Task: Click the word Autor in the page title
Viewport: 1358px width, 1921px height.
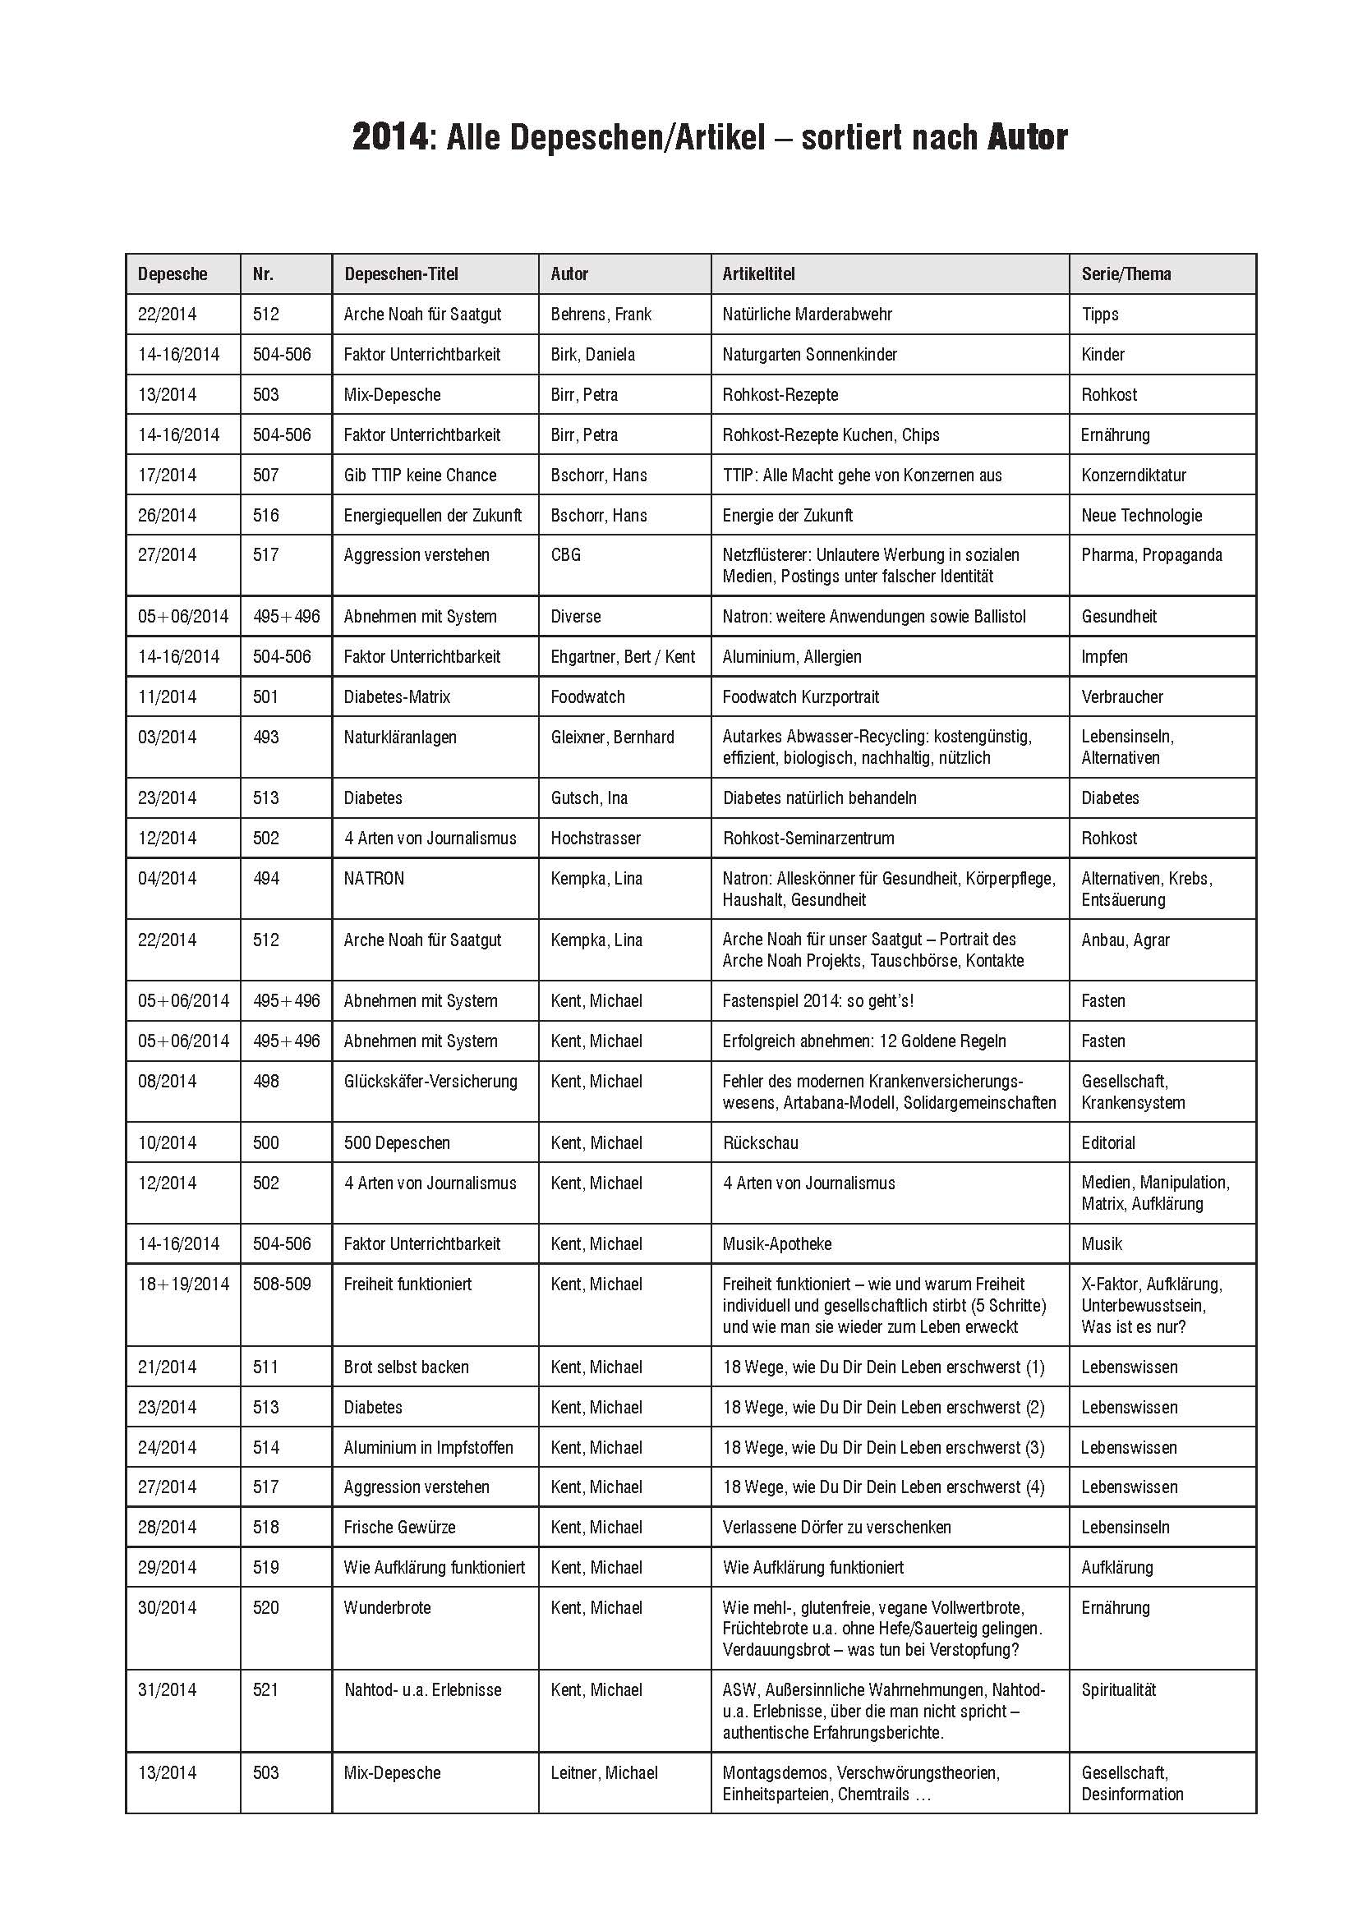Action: coord(1027,138)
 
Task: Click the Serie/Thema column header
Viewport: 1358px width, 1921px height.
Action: coord(1126,273)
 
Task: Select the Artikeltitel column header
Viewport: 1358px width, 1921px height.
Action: coord(758,273)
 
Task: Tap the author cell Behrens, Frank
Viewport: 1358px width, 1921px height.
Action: coord(601,315)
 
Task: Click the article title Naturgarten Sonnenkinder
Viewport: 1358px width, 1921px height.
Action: coord(809,355)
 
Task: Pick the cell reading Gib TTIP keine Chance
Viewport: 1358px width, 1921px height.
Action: coord(420,476)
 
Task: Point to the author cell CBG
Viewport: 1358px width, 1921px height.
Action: coord(565,555)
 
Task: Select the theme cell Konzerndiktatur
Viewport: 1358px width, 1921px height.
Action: coord(1133,476)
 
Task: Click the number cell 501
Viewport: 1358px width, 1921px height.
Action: coord(265,697)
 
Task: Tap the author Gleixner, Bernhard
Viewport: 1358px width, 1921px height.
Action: coord(612,737)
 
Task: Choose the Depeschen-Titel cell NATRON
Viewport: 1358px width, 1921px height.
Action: coord(374,879)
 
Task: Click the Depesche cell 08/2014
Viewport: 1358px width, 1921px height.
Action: coord(168,1082)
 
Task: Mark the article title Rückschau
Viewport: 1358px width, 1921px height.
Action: coord(760,1143)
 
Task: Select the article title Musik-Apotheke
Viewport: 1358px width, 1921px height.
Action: coord(776,1244)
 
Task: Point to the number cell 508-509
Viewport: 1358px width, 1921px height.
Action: coord(281,1284)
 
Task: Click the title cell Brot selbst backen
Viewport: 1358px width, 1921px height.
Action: coord(406,1367)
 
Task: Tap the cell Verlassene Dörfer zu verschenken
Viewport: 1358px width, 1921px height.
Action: coord(836,1527)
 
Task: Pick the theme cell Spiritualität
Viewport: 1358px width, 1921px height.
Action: coord(1118,1689)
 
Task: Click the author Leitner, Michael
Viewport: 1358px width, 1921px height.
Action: coord(604,1772)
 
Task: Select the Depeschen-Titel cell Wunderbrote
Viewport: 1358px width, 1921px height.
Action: coord(388,1607)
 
